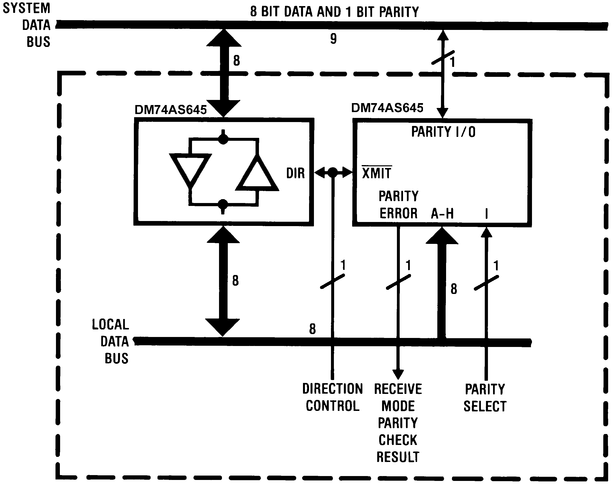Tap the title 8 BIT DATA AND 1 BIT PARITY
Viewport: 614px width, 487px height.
[334, 12]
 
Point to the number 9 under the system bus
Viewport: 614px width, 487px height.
[333, 38]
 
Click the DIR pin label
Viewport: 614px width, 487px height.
[295, 173]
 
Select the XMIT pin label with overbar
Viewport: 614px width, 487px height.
[376, 173]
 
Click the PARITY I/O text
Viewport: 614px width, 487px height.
[443, 132]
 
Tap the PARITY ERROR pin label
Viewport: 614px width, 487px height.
[398, 205]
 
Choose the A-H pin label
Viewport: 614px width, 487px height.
[442, 213]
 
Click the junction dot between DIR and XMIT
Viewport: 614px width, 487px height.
[333, 172]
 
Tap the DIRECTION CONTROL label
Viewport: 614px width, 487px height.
[333, 397]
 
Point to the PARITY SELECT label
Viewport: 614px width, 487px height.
[485, 397]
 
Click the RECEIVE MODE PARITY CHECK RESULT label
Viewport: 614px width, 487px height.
[398, 423]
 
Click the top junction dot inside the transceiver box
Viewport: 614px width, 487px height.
[223, 139]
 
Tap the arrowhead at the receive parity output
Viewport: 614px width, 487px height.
[398, 374]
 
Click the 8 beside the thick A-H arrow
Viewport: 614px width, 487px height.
[454, 289]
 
